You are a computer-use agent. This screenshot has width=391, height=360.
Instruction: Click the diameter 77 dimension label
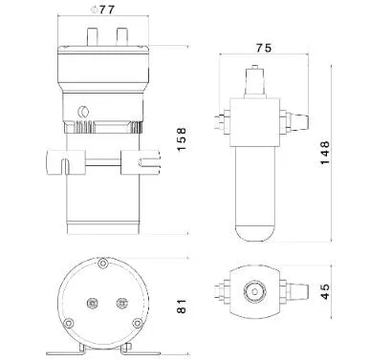click(x=102, y=10)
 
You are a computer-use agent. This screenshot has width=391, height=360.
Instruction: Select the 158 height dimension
click(x=182, y=139)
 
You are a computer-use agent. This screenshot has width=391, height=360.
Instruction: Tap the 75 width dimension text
click(x=264, y=48)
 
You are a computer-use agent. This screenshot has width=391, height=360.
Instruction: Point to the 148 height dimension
click(x=325, y=153)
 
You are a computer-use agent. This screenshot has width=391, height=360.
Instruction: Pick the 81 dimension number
click(x=182, y=306)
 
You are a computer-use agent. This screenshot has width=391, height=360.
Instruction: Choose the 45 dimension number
click(x=325, y=291)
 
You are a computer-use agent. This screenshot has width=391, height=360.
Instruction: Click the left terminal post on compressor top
click(x=92, y=37)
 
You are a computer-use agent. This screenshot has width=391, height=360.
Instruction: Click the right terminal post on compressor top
click(x=121, y=37)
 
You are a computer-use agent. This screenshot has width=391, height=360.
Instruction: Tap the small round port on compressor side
click(x=83, y=112)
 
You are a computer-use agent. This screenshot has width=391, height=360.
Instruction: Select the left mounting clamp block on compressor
click(x=66, y=162)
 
